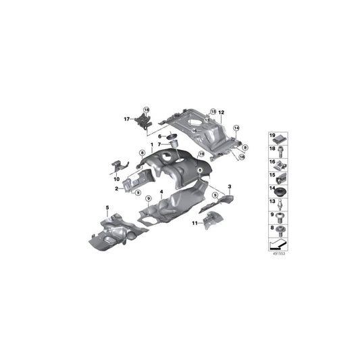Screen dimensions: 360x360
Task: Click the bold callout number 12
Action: tap(221, 111)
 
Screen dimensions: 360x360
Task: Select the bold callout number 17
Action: tap(127, 119)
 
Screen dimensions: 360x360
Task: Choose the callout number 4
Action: tap(161, 192)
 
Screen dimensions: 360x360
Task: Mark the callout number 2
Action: tap(117, 190)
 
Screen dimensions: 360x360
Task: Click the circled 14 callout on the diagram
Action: tap(236, 128)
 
